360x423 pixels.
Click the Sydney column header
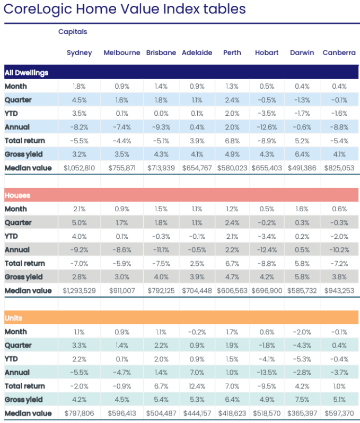(x=79, y=53)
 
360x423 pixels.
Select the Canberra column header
(x=339, y=53)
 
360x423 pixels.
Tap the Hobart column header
(x=266, y=53)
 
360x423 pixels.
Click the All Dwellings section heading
(x=27, y=72)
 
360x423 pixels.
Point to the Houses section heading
(x=17, y=195)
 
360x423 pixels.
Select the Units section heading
(x=14, y=318)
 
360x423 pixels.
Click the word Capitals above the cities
(x=73, y=31)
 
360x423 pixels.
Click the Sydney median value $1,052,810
(x=80, y=168)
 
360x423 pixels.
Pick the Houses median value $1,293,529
(x=80, y=290)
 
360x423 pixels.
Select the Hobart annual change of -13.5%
(x=266, y=372)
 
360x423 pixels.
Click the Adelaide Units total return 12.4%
(x=197, y=386)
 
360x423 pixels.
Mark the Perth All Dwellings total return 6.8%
(x=232, y=141)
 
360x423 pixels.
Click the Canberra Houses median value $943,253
(x=339, y=290)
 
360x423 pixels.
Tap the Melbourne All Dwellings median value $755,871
(x=122, y=168)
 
